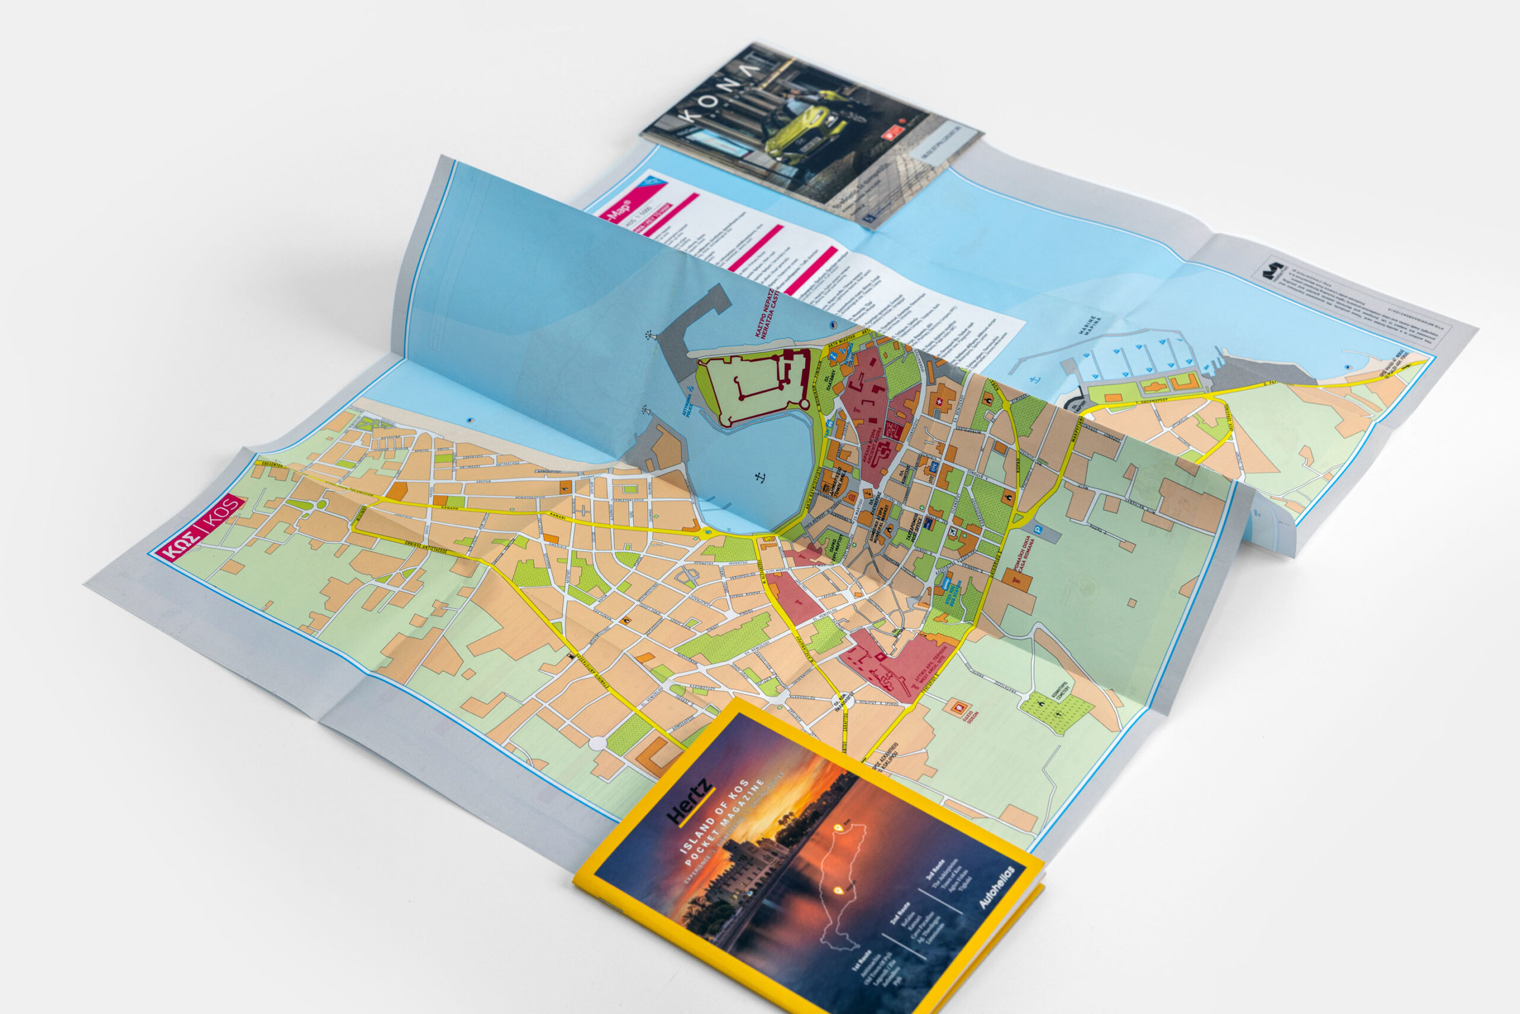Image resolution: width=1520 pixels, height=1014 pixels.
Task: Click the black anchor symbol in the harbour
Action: tap(760, 477)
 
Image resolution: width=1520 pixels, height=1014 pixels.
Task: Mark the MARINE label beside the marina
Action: tap(1091, 327)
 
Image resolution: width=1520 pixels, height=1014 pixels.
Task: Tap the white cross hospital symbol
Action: tap(938, 406)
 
